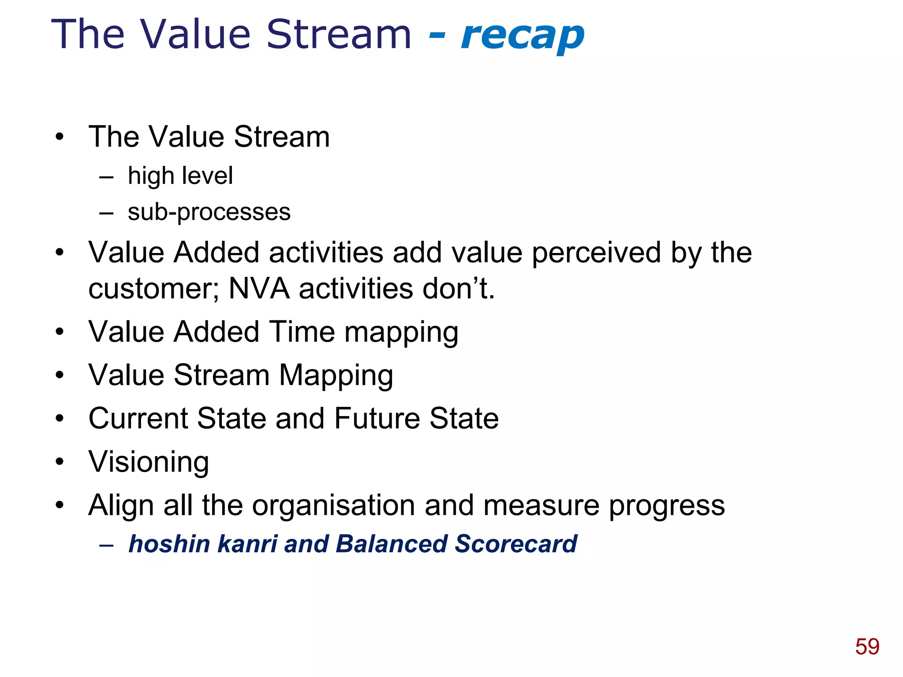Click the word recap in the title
click(x=522, y=36)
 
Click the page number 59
click(x=867, y=647)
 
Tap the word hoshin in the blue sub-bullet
click(x=169, y=543)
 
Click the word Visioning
click(x=149, y=462)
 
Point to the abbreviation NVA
click(x=259, y=289)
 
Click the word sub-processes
click(x=209, y=212)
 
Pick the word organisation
click(x=333, y=505)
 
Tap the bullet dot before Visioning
click(x=60, y=462)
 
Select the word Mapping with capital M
click(x=336, y=376)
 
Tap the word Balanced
click(x=391, y=543)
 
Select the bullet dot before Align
click(x=60, y=505)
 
